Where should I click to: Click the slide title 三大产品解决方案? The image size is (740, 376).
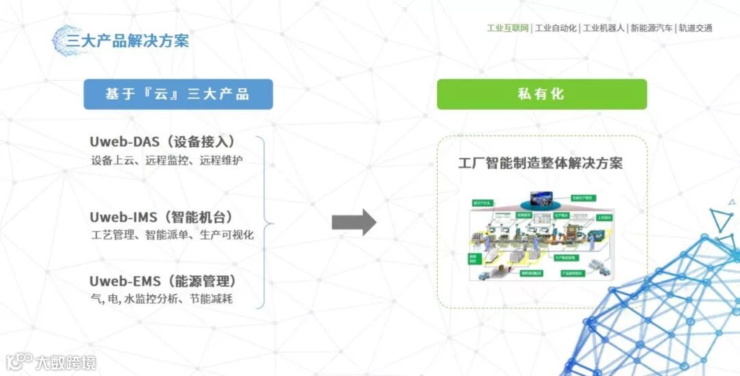(x=127, y=40)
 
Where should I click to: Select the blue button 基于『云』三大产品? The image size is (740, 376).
(x=178, y=95)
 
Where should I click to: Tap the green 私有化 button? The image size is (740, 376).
(x=541, y=94)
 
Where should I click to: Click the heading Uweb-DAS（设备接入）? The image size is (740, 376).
(x=163, y=142)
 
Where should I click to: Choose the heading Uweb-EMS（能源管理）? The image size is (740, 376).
(x=163, y=281)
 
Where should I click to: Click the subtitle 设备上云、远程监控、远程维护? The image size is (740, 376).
(x=166, y=162)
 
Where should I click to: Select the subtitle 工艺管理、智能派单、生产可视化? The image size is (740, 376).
(x=172, y=235)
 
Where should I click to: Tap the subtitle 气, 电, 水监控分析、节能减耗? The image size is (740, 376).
(x=166, y=299)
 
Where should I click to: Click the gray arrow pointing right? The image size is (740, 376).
(x=354, y=222)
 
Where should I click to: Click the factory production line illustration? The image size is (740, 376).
(x=541, y=237)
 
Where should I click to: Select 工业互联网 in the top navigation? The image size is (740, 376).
(x=508, y=28)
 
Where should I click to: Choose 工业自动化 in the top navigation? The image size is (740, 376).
(x=556, y=28)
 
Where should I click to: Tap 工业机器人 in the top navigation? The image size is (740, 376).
(x=604, y=28)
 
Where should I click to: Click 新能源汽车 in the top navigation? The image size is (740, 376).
(x=652, y=28)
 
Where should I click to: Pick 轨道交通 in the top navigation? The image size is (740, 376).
(x=695, y=28)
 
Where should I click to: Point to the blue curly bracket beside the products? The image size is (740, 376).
(x=264, y=222)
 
